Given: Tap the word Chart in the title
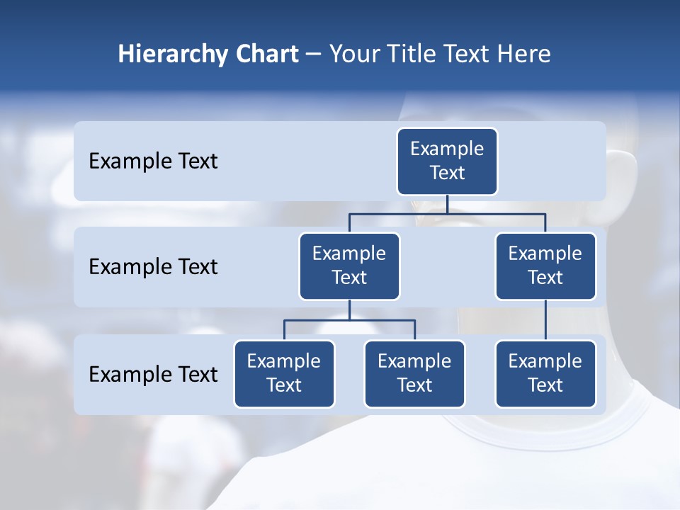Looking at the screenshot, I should click(266, 54).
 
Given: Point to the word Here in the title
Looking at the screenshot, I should click(525, 54).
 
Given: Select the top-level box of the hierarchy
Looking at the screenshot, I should click(447, 161).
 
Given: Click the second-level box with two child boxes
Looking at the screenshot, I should click(349, 266).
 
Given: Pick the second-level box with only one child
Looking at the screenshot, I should click(545, 266).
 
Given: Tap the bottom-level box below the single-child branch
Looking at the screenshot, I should click(545, 374).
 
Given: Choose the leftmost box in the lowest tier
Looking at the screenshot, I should click(284, 374).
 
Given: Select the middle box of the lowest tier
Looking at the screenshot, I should click(414, 374).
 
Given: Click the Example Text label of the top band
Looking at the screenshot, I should click(153, 161).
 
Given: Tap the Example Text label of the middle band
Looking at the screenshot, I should click(153, 267).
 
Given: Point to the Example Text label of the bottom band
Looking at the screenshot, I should click(153, 374).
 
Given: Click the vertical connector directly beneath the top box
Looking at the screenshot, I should click(447, 204).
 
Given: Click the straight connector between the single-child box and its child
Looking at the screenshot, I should click(545, 320).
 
